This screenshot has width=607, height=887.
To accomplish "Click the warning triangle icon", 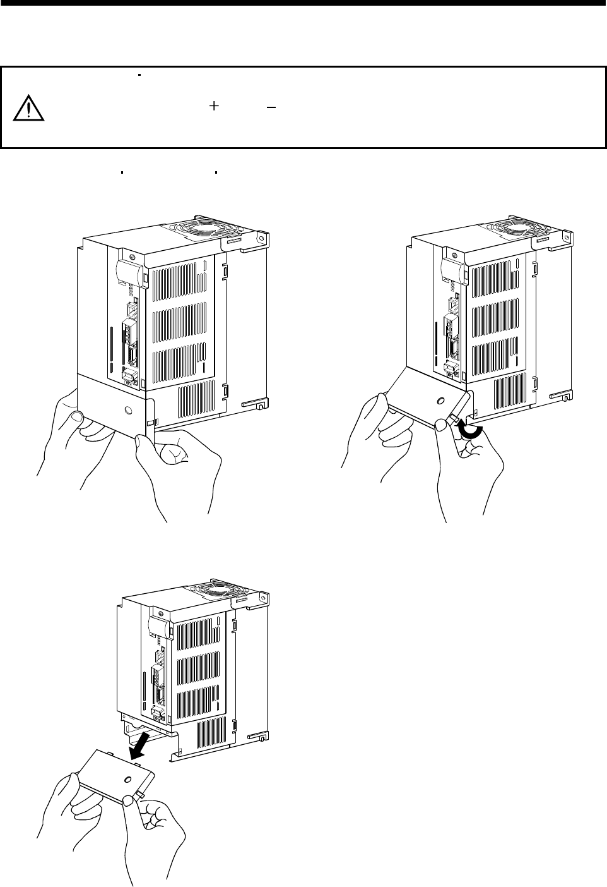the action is coord(28,108).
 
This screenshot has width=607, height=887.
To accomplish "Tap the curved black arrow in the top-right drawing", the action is coord(471,430).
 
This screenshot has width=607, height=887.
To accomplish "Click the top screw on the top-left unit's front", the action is coord(131,257).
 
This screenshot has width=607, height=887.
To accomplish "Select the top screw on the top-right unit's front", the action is coord(459,256).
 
